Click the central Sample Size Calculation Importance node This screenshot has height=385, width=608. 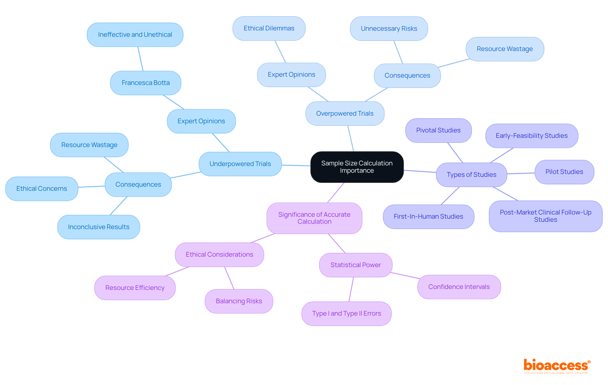pos(357,167)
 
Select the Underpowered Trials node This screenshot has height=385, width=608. pos(240,164)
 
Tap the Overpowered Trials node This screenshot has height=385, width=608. pos(345,113)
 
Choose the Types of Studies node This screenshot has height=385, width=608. pos(472,175)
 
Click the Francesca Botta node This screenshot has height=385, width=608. pos(146,83)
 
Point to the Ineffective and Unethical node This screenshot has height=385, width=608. pos(135,35)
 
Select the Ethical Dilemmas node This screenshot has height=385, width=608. pos(269,28)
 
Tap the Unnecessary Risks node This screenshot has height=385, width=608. pos(389,29)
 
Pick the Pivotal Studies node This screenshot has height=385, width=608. pos(438,130)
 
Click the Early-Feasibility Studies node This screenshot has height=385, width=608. pos(532,136)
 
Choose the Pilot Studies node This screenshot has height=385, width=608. pos(564,172)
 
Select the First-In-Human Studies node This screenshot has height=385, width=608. pos(428,216)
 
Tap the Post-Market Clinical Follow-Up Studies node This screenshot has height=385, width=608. pos(546,216)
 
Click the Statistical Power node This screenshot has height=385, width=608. pos(356,265)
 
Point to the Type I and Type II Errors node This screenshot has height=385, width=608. pos(346,313)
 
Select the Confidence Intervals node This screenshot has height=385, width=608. pos(459,287)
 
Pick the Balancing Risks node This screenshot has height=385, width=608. pos(239,301)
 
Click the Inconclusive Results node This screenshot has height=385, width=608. pos(98,227)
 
